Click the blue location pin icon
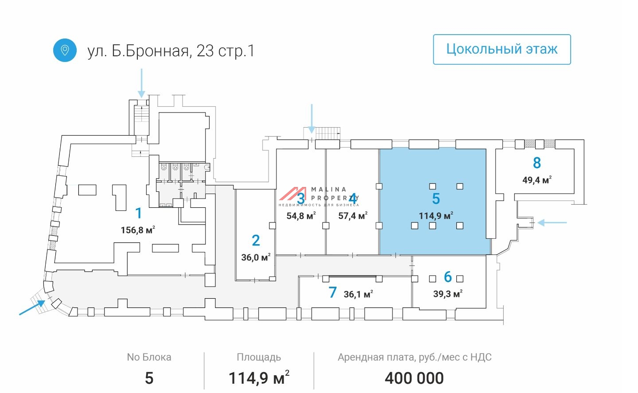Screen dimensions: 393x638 [x=65, y=50]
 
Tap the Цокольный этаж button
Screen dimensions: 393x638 [x=502, y=49]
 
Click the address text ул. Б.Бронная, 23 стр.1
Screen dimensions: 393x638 [x=171, y=51]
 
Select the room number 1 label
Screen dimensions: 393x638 [x=139, y=213]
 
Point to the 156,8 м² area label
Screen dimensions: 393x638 [x=138, y=230]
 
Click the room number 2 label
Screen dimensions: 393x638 [x=256, y=241]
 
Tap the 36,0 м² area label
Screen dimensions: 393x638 [x=256, y=257]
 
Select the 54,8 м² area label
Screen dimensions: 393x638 [x=301, y=216]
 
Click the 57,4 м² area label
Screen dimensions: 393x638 [x=353, y=216]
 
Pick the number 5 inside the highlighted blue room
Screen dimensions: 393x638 [x=436, y=199]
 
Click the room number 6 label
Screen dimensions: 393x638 [x=448, y=277]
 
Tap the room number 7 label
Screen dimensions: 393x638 [x=333, y=292]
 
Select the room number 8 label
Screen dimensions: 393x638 [x=537, y=163]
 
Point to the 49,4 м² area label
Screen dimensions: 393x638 [x=537, y=180]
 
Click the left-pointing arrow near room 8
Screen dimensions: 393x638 [x=552, y=222]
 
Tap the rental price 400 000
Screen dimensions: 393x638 [x=414, y=378]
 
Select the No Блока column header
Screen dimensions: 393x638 [x=149, y=357]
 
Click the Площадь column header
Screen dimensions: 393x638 [x=259, y=357]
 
